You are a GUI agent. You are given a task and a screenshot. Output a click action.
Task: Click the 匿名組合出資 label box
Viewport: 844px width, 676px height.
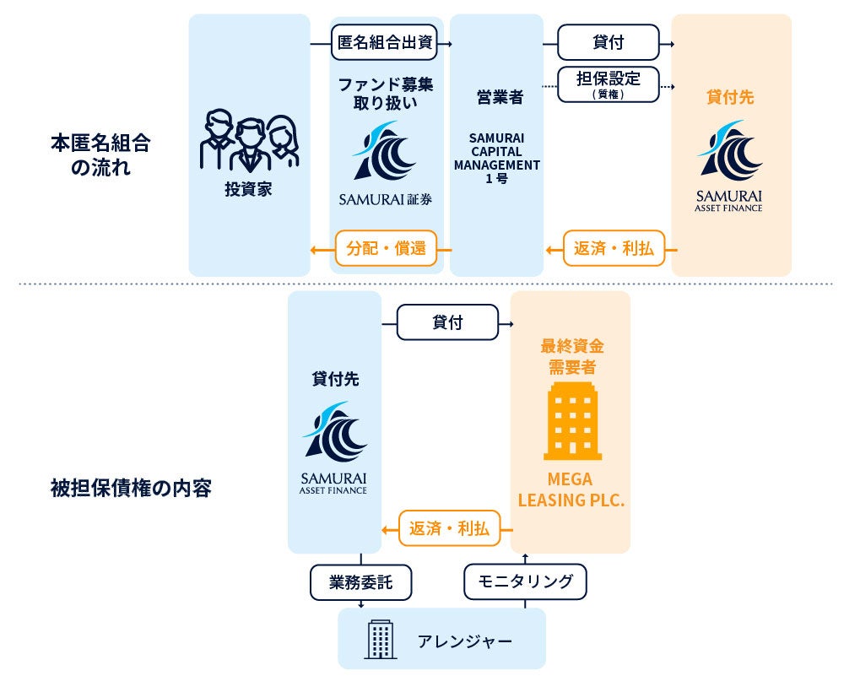[386, 43]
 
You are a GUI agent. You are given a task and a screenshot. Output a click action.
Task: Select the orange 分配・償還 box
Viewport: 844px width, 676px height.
[386, 249]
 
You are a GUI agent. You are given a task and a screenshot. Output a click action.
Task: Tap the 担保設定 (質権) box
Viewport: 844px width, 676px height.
[608, 84]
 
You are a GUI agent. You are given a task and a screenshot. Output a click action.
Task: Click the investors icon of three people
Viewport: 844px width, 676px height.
[249, 143]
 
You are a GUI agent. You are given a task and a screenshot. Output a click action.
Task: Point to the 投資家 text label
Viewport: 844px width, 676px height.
[249, 189]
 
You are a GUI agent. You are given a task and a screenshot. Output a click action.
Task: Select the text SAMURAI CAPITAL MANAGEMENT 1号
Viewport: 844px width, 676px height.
[496, 158]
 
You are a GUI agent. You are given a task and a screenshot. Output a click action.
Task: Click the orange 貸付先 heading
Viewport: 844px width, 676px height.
[730, 97]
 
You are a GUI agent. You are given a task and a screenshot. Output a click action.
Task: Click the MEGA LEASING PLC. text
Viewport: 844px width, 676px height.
[571, 489]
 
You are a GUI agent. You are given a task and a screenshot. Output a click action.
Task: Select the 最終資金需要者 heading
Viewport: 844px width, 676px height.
[571, 356]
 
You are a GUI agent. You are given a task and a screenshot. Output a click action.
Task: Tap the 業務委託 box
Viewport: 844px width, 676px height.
[360, 581]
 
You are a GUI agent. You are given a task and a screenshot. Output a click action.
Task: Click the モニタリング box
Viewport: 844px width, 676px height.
[525, 581]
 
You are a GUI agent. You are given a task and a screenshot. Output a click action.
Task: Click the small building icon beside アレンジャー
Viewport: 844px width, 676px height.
[379, 639]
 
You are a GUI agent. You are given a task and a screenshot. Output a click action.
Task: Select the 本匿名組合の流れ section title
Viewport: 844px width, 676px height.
[100, 154]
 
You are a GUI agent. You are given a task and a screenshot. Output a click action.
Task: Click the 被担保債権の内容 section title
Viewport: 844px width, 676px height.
[131, 488]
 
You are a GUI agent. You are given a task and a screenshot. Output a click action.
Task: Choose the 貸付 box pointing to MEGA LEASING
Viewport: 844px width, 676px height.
[447, 322]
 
